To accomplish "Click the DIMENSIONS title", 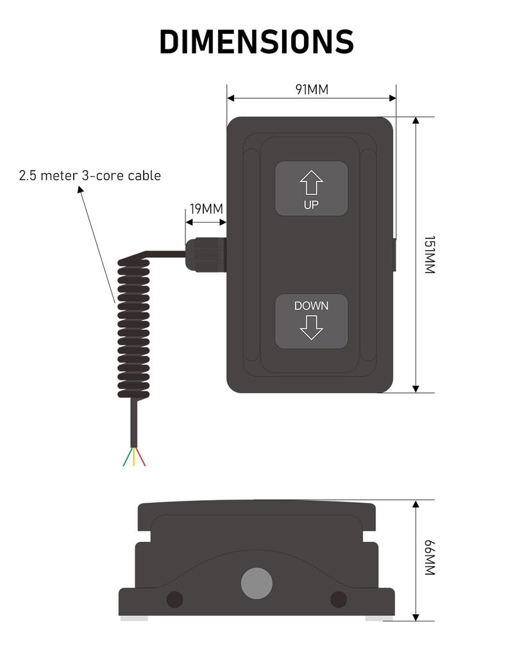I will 256,42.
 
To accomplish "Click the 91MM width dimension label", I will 312,89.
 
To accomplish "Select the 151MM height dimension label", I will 430,255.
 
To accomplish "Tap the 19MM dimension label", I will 206,209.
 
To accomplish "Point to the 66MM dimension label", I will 430,558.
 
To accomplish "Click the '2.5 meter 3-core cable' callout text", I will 90,175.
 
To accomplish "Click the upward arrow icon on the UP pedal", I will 311,183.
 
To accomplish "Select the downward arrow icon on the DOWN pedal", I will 311,326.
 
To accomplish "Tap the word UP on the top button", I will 311,205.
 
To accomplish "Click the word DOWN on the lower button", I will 311,306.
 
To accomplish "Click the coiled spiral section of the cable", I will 133,327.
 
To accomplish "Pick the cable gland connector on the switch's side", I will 205,254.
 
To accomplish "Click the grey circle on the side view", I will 256,584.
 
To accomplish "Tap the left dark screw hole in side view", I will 174,600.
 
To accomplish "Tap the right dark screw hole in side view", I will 338,600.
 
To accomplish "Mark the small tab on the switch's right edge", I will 394,254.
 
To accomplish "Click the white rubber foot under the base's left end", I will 134,618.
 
